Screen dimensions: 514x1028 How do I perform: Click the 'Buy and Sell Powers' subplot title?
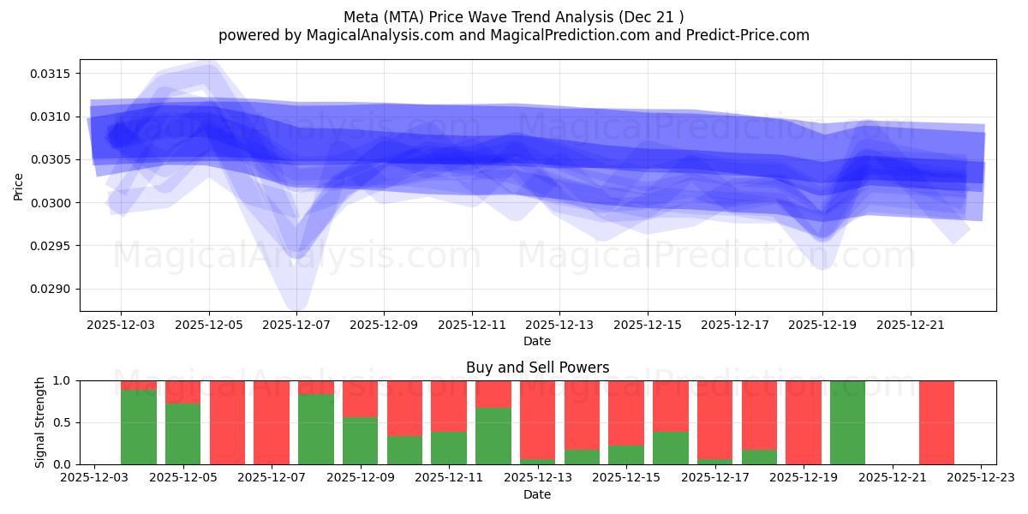[537, 368]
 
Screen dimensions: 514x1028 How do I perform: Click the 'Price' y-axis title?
[19, 186]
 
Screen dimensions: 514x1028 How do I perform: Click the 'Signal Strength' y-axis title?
[39, 422]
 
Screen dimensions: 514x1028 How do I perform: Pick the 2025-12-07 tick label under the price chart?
[296, 326]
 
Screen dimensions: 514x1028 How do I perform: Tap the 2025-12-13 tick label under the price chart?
[559, 326]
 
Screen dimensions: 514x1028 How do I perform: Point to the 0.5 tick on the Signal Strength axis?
[63, 422]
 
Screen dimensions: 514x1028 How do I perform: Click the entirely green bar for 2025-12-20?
[847, 422]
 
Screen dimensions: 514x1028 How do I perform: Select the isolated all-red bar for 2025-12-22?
[936, 422]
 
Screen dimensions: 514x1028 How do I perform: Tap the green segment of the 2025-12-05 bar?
[182, 433]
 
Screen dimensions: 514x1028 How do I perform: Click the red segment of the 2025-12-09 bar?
[360, 398]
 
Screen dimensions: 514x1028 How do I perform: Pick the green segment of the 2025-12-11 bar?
[449, 448]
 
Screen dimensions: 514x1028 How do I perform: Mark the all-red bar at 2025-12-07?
[272, 422]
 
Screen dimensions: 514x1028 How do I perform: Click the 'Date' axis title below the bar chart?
[537, 494]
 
